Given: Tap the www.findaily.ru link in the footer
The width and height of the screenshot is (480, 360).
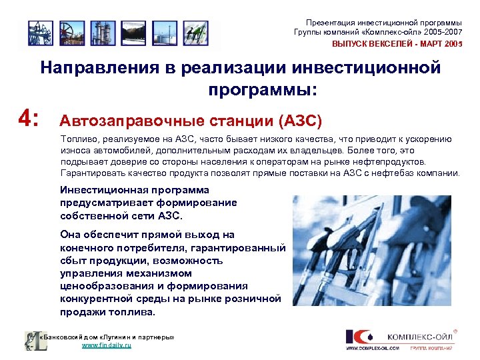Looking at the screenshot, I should [106, 346].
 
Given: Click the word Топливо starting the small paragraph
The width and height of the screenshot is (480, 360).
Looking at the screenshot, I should [77, 139].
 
